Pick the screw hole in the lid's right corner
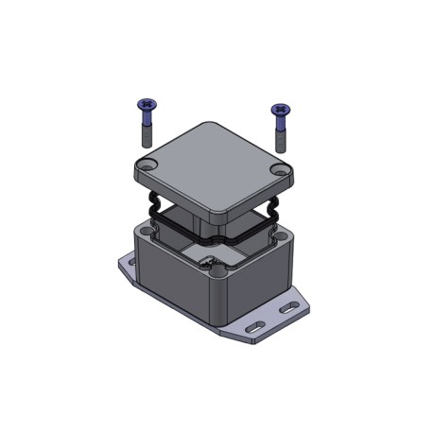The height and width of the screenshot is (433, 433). coord(277,170)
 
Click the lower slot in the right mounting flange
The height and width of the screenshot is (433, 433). coord(253,327)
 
